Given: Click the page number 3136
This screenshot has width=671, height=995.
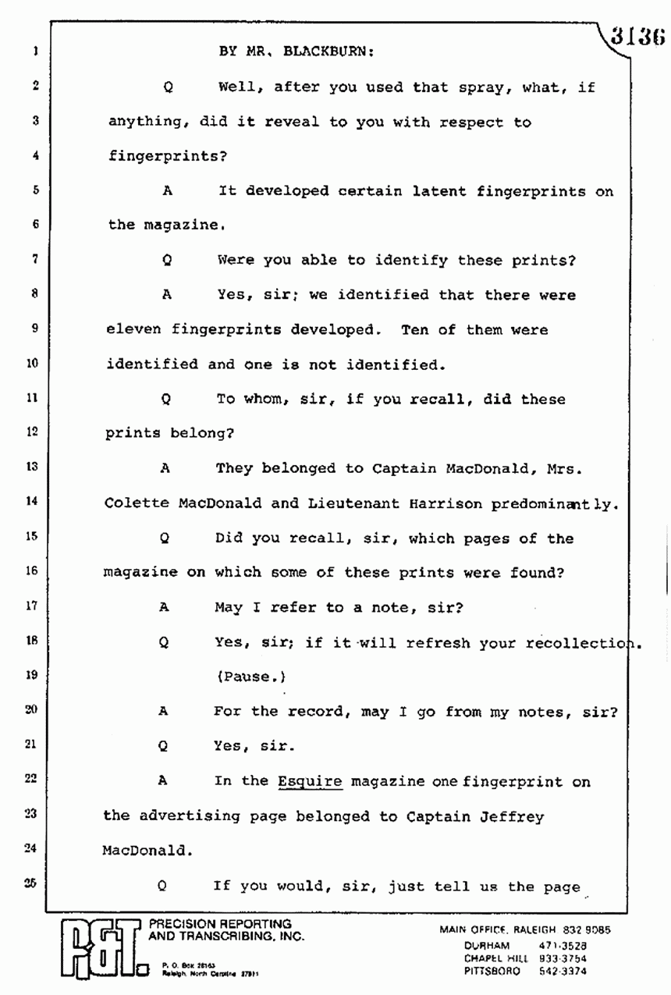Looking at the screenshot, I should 637,37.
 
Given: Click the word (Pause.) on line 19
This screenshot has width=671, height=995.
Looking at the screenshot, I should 245,676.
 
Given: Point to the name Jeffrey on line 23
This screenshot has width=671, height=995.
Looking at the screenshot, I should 513,816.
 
